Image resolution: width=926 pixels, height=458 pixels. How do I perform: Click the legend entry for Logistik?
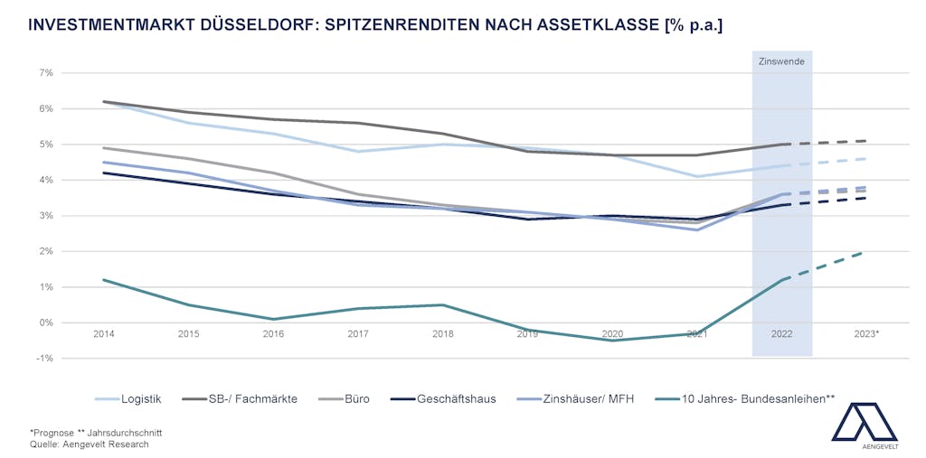[x=140, y=398]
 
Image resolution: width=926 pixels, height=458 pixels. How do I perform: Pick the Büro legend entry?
[x=357, y=398]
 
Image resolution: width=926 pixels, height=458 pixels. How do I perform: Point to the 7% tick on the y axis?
[x=45, y=72]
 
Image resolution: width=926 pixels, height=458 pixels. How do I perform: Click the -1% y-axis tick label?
[x=43, y=359]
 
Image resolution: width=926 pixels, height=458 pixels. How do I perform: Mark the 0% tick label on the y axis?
[x=45, y=322]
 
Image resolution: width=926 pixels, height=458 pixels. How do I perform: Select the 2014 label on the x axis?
[x=104, y=334]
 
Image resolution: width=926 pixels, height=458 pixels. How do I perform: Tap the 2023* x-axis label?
[x=866, y=334]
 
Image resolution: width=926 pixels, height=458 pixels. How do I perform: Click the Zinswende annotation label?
[x=781, y=61]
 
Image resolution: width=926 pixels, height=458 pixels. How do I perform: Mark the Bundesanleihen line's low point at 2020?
[x=612, y=341]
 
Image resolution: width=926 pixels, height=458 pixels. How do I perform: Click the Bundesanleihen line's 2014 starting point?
[x=104, y=280]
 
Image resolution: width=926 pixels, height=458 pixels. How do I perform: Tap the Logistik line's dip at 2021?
[x=697, y=176]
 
